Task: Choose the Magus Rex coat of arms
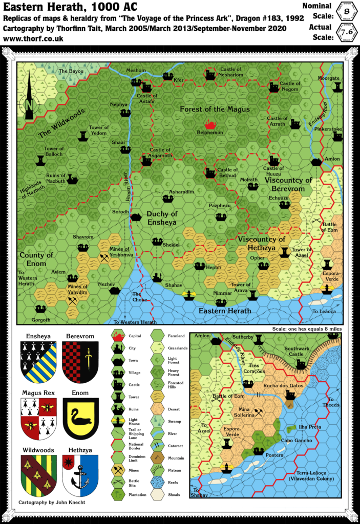point(38,418)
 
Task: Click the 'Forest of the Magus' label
point(215,109)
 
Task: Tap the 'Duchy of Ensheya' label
point(161,218)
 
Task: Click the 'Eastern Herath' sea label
point(224,310)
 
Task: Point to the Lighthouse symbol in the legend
point(119,421)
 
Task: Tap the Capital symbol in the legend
point(119,336)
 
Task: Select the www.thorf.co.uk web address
point(33,39)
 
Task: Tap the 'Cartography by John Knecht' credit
point(51,503)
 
